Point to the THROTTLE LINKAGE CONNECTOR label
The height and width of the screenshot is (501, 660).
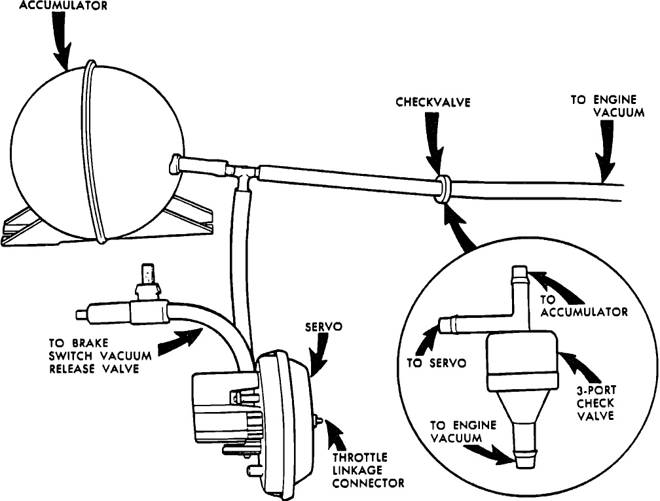[368, 471]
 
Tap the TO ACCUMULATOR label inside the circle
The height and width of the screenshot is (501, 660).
[583, 305]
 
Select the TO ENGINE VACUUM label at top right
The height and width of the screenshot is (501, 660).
[602, 105]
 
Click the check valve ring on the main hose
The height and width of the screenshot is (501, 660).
[443, 188]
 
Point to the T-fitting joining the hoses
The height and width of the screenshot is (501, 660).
[244, 175]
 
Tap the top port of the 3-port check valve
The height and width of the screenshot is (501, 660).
[519, 275]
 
